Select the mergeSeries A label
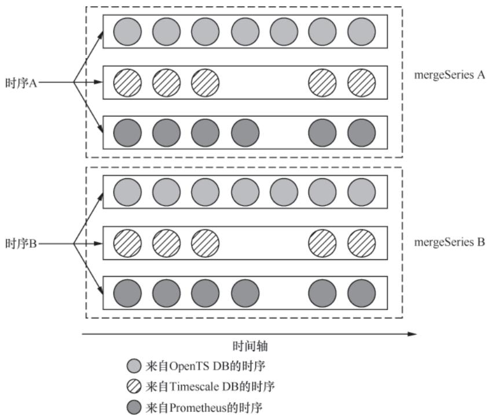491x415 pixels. point(449,75)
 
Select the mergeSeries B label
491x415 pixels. point(449,243)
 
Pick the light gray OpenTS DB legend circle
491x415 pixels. point(134,366)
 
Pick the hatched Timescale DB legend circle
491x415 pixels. point(134,386)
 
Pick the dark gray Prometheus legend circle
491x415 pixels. point(134,406)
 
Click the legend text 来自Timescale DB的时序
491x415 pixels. point(210,386)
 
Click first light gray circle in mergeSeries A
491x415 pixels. point(127,31)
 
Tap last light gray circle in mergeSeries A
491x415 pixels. point(362,31)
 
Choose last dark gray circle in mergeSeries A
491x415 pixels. point(362,133)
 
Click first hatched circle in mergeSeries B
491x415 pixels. point(127,243)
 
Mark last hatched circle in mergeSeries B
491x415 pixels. point(362,243)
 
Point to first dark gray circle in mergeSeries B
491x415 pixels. point(127,293)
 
